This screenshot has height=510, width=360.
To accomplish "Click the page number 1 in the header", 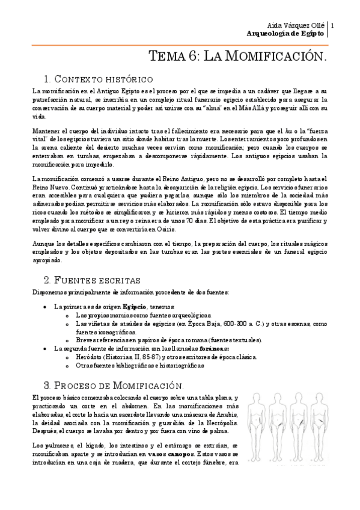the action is coord(332,25).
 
